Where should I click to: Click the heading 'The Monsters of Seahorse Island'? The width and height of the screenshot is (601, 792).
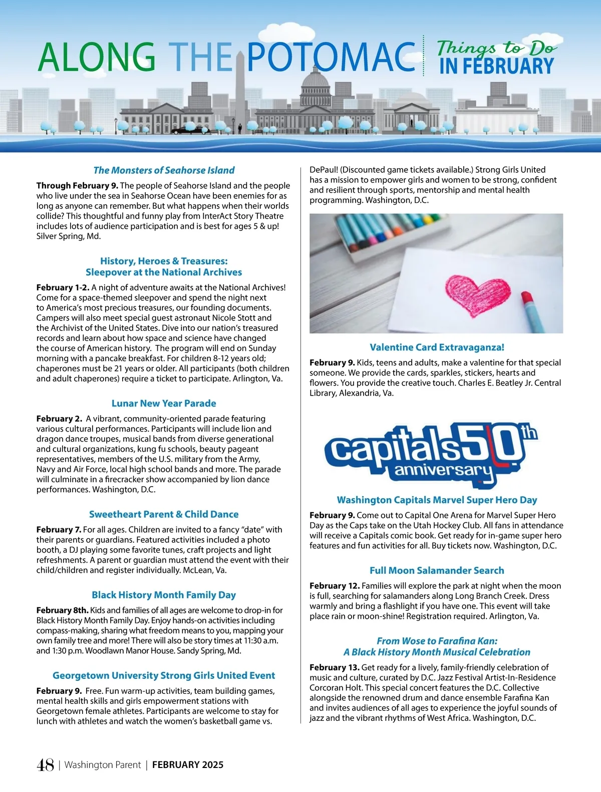[164, 170]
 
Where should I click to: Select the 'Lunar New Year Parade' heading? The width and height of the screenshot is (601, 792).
[164, 404]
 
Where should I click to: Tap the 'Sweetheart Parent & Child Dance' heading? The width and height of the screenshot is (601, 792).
[164, 514]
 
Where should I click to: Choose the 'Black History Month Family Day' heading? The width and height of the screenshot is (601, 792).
[164, 595]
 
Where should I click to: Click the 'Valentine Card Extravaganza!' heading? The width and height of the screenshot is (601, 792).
[437, 347]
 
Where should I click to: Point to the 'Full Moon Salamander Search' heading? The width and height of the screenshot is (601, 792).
[437, 570]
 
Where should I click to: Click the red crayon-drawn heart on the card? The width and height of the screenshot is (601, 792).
[476, 295]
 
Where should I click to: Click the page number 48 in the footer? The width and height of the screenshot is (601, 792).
[45, 765]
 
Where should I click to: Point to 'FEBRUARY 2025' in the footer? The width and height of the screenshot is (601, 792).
[188, 765]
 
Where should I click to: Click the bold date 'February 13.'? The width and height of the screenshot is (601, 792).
[334, 667]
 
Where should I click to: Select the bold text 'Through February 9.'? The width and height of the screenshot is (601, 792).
[77, 186]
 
